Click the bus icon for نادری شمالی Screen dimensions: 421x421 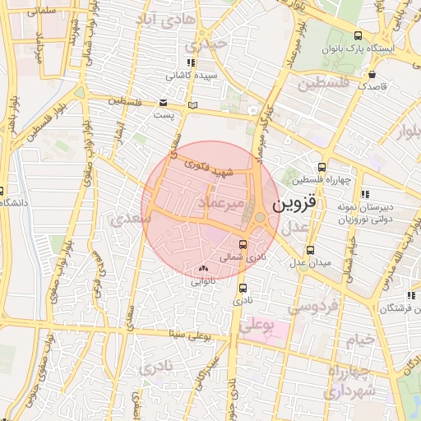pyautogui.click(x=243, y=244)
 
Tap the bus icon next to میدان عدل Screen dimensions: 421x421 pyautogui.click(x=310, y=250)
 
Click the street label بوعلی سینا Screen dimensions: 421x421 pyautogui.click(x=188, y=335)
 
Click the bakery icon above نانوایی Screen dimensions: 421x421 pyautogui.click(x=203, y=268)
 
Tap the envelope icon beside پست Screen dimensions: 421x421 pyautogui.click(x=164, y=102)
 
